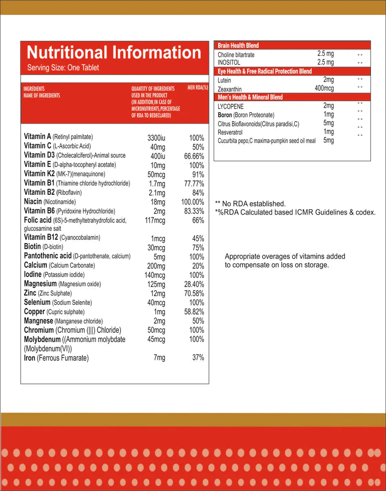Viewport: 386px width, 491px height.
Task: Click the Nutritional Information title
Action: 114,53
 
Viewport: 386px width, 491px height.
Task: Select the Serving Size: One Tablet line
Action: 63,68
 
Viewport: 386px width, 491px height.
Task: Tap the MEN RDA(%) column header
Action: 197,88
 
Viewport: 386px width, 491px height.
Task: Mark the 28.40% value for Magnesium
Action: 194,285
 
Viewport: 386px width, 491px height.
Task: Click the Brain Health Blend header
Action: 238,45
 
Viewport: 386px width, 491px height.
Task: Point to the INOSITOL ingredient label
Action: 229,63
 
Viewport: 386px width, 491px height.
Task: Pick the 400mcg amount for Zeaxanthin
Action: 324,88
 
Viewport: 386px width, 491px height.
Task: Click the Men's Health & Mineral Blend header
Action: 250,97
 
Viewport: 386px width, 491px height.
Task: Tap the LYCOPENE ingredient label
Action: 231,106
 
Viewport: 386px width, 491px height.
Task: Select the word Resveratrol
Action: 230,132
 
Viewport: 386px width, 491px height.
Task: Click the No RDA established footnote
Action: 250,204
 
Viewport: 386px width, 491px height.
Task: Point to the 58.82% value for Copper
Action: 194,312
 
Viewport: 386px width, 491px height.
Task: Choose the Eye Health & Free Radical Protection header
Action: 265,71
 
